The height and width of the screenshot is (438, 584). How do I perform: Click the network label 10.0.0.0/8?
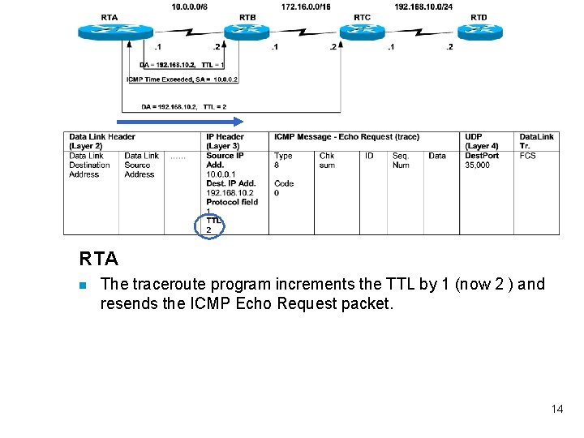pos(191,6)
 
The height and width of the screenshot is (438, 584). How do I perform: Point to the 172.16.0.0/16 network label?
pos(306,6)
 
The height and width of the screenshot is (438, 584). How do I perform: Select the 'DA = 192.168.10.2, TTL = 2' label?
pos(183,106)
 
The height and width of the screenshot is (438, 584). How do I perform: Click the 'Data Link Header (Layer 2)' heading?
pos(102,141)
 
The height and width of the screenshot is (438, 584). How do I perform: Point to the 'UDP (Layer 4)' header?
pos(482,141)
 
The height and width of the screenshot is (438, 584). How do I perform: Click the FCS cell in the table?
pos(527,156)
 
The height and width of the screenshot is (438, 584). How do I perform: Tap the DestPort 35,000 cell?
pos(479,161)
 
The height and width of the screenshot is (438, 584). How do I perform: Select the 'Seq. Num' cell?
pos(401,161)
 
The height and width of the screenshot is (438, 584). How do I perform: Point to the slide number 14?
pos(556,409)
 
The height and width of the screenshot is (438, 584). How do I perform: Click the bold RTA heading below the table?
pos(99,260)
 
